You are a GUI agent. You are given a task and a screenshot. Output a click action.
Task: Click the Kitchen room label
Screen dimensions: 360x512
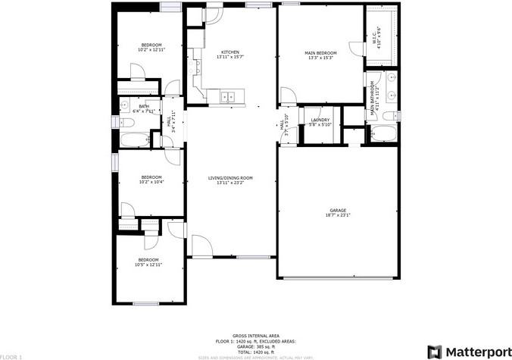point(230,52)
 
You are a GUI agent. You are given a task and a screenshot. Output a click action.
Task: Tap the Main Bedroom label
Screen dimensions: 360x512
point(320,53)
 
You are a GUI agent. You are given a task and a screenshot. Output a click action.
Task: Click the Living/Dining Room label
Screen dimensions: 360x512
point(230,178)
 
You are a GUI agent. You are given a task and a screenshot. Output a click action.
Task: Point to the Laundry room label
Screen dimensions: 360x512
point(320,120)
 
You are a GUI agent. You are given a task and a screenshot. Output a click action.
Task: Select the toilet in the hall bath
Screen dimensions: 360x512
point(123,107)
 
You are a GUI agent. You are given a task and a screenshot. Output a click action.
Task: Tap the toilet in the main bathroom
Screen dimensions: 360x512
point(389,116)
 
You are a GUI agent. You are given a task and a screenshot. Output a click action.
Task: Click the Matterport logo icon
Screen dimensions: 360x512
point(435,352)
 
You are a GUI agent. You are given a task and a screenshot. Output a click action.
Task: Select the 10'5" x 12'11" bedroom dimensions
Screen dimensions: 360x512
point(148,265)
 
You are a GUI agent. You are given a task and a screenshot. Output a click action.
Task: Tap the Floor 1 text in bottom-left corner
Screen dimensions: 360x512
point(11,355)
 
